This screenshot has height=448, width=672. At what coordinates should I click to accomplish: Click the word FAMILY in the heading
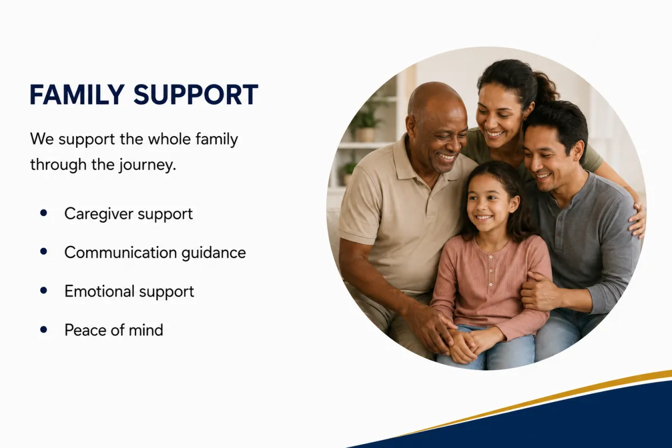click(x=77, y=95)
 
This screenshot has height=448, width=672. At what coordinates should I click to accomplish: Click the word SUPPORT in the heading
click(x=195, y=95)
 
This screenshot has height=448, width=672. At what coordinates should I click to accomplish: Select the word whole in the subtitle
click(x=170, y=139)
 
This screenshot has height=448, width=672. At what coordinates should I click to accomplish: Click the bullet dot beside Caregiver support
click(x=44, y=213)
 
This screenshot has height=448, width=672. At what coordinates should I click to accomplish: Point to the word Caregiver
click(x=99, y=214)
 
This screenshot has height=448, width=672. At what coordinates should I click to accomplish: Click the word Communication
click(x=120, y=253)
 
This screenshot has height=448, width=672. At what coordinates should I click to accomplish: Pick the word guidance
click(x=213, y=253)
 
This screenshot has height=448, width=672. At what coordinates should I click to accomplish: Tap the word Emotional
click(x=100, y=291)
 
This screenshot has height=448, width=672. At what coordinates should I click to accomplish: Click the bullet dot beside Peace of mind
click(x=44, y=329)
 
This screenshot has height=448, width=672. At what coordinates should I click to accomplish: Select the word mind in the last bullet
click(x=146, y=330)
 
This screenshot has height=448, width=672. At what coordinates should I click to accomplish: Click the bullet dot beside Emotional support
click(x=44, y=291)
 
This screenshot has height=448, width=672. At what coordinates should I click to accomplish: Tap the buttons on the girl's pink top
click(x=491, y=270)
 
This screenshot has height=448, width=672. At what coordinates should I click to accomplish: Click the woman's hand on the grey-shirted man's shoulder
click(x=637, y=221)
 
